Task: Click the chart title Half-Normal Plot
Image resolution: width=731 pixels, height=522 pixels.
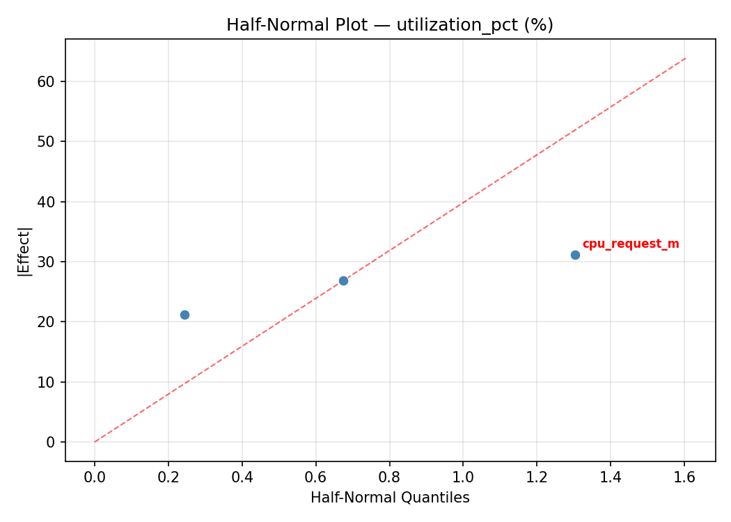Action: point(306,25)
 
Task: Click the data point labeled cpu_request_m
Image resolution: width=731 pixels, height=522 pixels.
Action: point(575,255)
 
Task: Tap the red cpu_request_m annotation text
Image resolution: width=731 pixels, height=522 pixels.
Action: point(631,244)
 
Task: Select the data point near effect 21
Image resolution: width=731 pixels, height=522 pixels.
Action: point(184,315)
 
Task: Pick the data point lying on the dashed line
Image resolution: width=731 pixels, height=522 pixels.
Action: point(343,280)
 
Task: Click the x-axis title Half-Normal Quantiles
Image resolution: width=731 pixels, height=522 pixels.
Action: point(390,498)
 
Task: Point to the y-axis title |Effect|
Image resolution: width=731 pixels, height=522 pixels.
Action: point(25,251)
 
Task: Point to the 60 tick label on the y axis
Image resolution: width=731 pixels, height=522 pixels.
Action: point(47,81)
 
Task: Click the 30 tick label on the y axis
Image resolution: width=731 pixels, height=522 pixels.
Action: point(47,262)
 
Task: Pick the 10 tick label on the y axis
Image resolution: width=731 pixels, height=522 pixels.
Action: point(47,382)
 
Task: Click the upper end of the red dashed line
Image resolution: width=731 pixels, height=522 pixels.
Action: point(686,58)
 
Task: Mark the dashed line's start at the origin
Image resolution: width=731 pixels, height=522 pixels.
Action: point(95,442)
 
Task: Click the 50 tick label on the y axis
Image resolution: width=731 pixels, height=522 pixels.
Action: point(47,141)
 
